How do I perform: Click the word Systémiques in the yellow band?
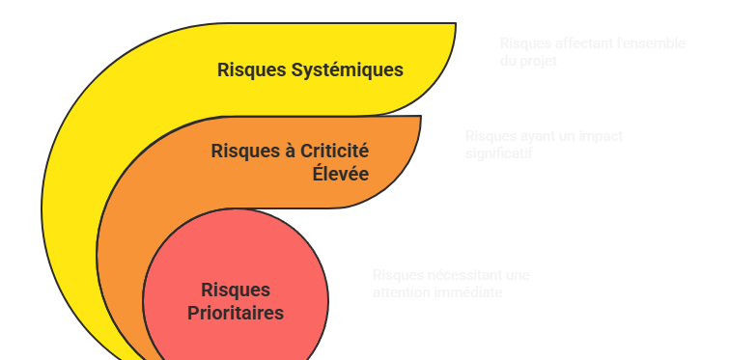pos(348,70)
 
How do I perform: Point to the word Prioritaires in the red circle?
pos(236,314)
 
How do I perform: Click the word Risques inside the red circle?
pos(236,290)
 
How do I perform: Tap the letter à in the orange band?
pos(285,152)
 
